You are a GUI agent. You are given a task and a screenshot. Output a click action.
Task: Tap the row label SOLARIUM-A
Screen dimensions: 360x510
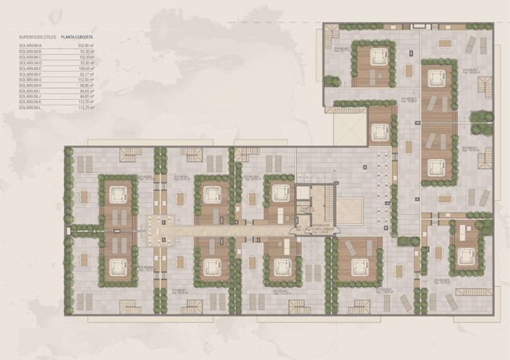(x=30, y=46)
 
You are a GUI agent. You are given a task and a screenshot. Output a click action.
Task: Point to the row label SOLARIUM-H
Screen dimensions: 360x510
(x=30, y=85)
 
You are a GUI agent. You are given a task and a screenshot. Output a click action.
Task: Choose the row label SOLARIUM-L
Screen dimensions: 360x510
(x=30, y=108)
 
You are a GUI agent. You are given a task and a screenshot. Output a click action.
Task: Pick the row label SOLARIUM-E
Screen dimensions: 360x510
(x=30, y=68)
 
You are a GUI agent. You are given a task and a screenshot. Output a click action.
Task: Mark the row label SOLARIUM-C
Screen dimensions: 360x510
(x=30, y=57)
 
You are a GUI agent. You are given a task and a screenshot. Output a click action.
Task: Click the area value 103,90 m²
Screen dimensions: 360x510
(x=87, y=46)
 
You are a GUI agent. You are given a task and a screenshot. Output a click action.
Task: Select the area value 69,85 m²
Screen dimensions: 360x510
(x=88, y=85)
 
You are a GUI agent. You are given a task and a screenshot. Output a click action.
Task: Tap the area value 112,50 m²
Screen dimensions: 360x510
(x=87, y=80)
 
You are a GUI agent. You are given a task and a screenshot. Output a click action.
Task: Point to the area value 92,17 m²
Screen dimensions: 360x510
(x=88, y=74)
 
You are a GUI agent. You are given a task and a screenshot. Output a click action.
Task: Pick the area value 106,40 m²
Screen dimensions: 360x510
(x=87, y=68)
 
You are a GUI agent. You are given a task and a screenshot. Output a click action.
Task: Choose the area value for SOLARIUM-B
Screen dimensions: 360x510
(x=88, y=51)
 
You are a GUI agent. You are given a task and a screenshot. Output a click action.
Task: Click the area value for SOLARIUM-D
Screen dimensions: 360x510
(x=88, y=63)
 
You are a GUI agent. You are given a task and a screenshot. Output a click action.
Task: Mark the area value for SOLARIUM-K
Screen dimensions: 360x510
(x=87, y=102)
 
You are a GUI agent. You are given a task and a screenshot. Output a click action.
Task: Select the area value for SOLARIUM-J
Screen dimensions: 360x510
(x=88, y=96)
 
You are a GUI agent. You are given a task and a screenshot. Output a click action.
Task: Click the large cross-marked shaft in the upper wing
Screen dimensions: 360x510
(x=344, y=126)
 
